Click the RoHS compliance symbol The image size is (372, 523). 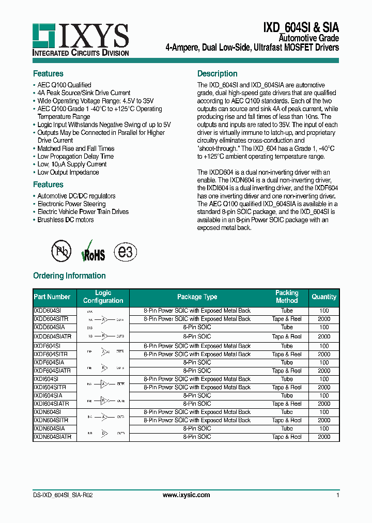coord(93,251)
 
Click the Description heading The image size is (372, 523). coord(218,74)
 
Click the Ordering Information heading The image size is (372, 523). coord(69,276)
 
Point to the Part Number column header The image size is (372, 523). coord(52,297)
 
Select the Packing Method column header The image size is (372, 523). coord(287,297)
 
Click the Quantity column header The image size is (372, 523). coord(324,297)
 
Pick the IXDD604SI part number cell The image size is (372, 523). coord(48,311)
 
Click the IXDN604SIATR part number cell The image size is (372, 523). coord(52,437)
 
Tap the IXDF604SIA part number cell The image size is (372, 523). coord(49,363)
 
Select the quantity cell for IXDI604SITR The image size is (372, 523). coord(324,388)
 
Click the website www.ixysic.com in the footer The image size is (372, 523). coord(186,495)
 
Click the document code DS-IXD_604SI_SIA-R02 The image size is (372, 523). coord(63,495)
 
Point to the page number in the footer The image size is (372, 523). coord(337,495)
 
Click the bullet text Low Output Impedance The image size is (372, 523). coord(68,173)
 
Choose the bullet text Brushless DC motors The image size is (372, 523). coord(66,220)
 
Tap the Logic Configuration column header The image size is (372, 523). coord(103,297)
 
